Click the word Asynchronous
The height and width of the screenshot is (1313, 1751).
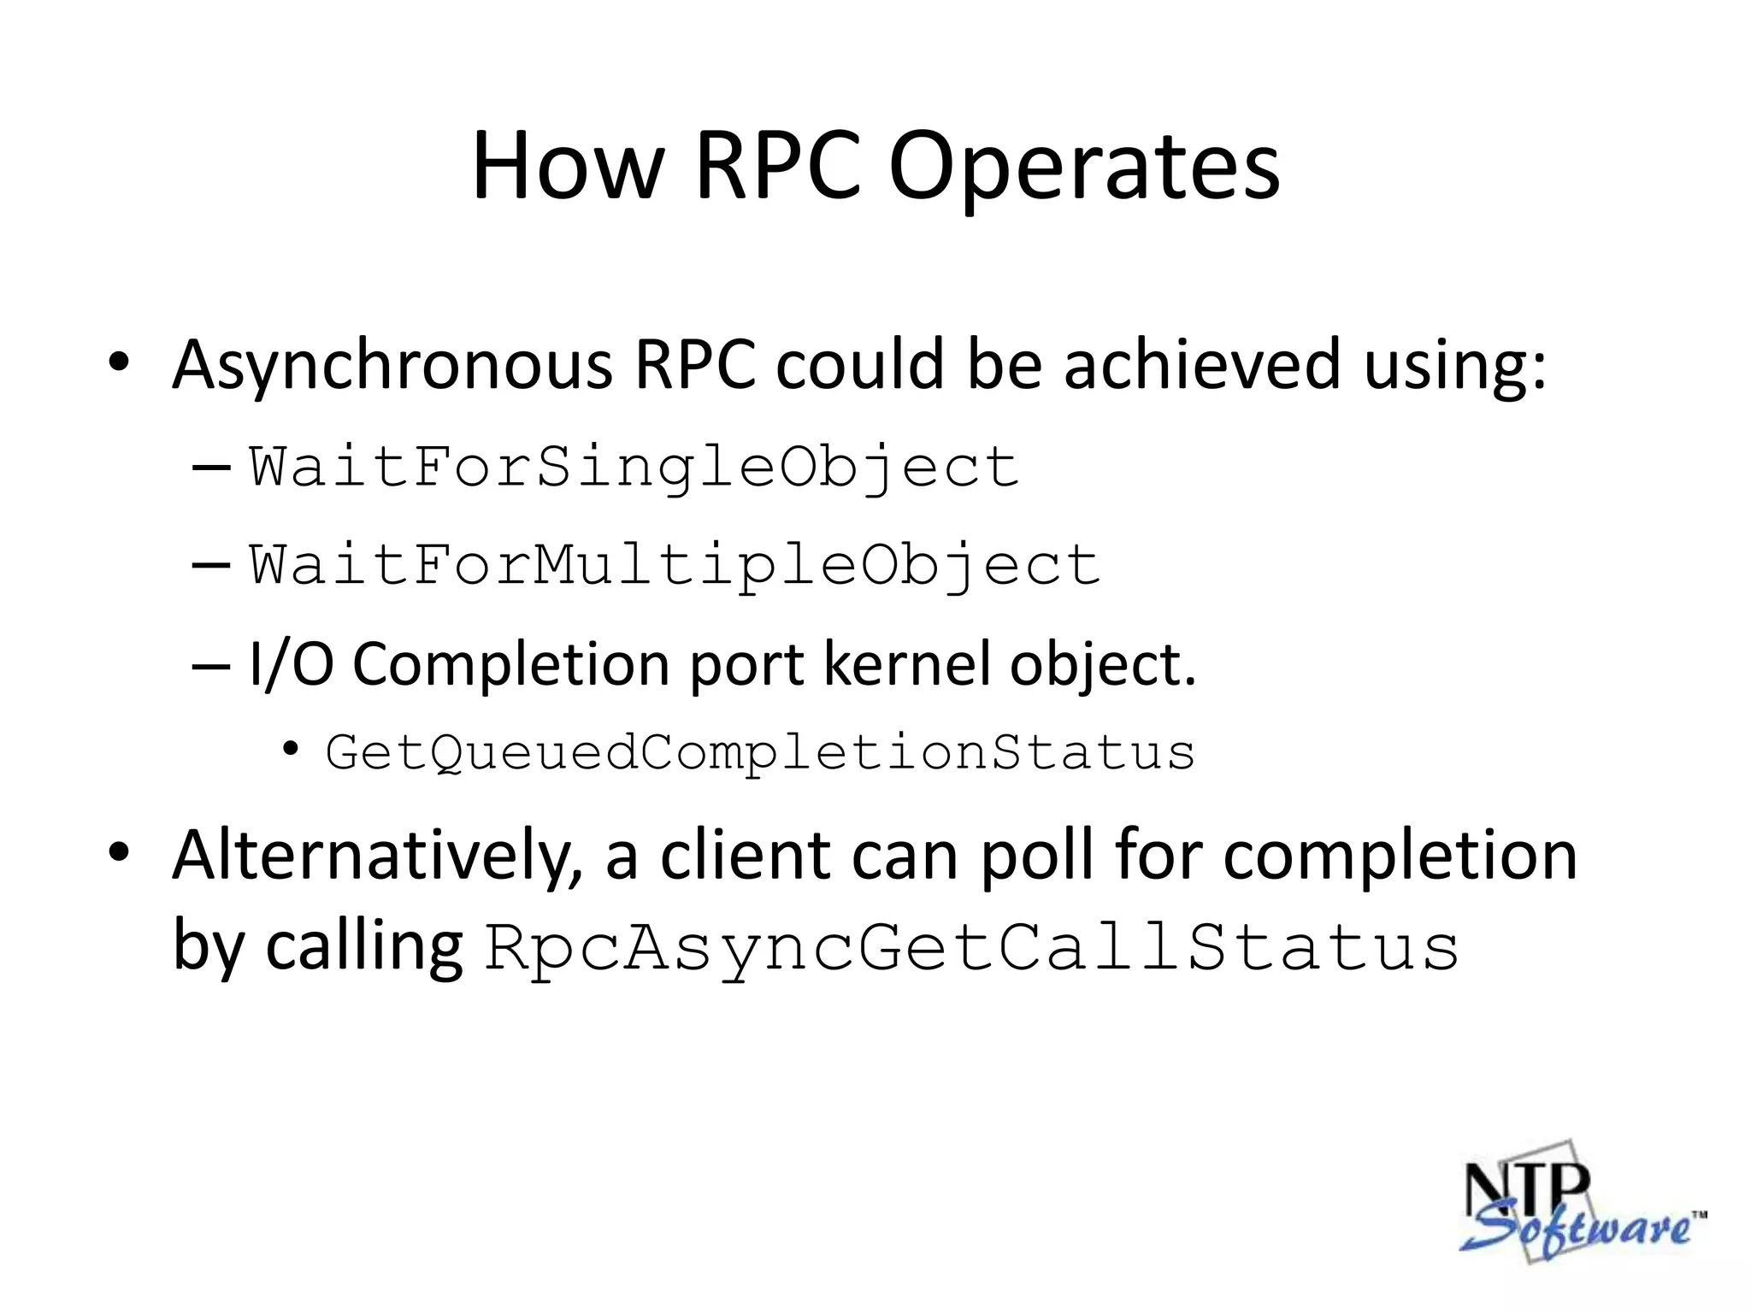pyautogui.click(x=392, y=365)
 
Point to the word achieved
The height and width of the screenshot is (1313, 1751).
pyautogui.click(x=1201, y=365)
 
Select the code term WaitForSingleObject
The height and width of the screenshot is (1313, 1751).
pyautogui.click(x=634, y=468)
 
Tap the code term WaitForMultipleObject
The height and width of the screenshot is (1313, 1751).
pyautogui.click(x=675, y=565)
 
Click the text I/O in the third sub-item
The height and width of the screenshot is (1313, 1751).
pyautogui.click(x=291, y=664)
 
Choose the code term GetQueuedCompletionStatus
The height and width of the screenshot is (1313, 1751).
pyautogui.click(x=760, y=753)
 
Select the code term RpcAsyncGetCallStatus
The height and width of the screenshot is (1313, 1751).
pyautogui.click(x=971, y=948)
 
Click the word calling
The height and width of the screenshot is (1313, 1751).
pyautogui.click(x=363, y=948)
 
